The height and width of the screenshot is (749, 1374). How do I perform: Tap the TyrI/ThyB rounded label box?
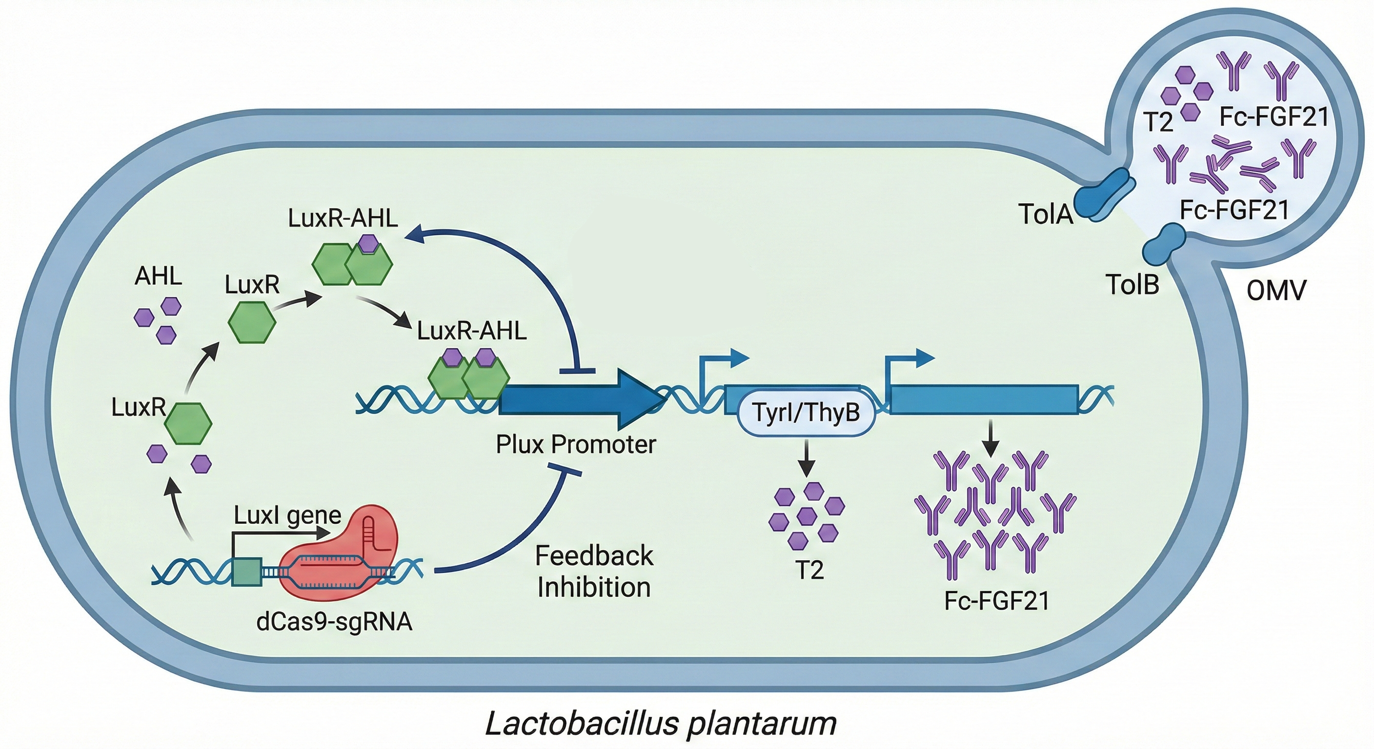pos(806,412)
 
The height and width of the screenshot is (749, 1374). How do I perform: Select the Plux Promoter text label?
pos(576,444)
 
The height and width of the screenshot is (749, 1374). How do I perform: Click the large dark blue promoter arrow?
pos(576,399)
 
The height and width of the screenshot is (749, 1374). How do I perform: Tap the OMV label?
pos(1276,291)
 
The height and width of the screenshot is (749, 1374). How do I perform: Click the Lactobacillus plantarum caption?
pos(660,724)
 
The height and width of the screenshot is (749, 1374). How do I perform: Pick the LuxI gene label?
pos(287,515)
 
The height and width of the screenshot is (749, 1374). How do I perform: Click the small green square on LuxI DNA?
pos(247,572)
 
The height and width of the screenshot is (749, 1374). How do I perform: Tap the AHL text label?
pos(158,276)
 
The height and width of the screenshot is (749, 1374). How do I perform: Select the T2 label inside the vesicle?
pos(1158,122)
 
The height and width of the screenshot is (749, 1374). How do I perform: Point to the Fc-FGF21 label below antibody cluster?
pos(996,601)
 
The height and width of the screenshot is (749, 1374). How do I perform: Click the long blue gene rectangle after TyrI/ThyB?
pos(984,399)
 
